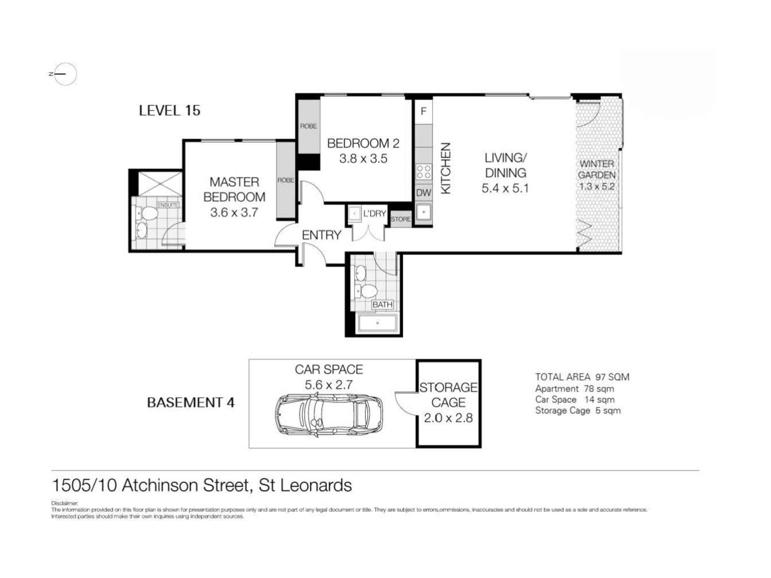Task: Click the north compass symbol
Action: click(x=65, y=74)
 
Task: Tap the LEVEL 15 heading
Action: click(x=170, y=111)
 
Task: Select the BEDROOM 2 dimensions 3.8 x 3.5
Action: click(x=363, y=159)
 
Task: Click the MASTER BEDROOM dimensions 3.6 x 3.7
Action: click(x=234, y=212)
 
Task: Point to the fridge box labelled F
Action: click(x=423, y=111)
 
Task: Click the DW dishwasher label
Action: click(x=423, y=193)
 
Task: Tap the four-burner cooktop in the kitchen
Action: click(x=424, y=172)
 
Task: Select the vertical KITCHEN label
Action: click(x=446, y=168)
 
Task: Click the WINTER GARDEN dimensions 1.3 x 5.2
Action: click(x=596, y=187)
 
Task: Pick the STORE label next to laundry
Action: click(x=401, y=219)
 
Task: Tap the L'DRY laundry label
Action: click(x=374, y=213)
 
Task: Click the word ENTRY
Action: click(x=321, y=235)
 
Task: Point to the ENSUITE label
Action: click(x=168, y=205)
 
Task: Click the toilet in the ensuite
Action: click(x=147, y=213)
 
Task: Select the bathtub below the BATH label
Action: click(x=377, y=323)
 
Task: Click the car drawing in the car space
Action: click(x=329, y=415)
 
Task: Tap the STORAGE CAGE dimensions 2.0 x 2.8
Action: click(x=448, y=418)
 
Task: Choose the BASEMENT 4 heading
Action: click(x=191, y=403)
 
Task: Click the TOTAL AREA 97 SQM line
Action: click(x=582, y=377)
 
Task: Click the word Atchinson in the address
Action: click(x=185, y=486)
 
